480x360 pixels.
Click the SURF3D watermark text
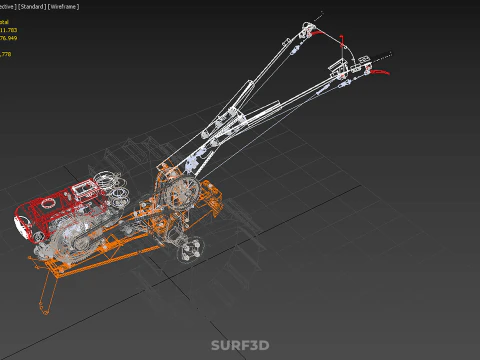pos(240,346)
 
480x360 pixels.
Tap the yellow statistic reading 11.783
pos(12,30)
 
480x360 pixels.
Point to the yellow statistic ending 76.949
pos(12,40)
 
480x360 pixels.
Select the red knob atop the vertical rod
pos(343,42)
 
